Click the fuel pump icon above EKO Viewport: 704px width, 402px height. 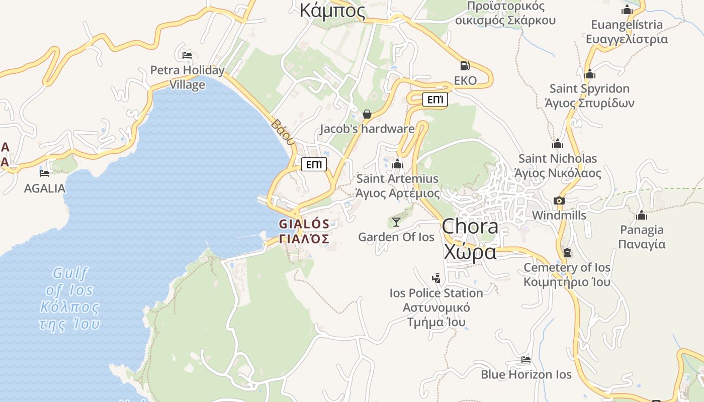coord(465,65)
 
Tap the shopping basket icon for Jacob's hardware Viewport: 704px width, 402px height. coord(367,115)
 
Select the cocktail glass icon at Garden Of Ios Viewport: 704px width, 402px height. coord(396,222)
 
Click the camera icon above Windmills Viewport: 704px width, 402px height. coord(559,201)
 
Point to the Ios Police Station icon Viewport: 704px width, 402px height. coord(436,278)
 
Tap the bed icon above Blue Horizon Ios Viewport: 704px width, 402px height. coord(526,360)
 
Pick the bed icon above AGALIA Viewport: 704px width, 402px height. coord(45,173)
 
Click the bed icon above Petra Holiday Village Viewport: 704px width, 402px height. coord(187,55)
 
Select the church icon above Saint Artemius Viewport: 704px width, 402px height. coord(397,164)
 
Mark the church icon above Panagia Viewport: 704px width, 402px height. coord(641,216)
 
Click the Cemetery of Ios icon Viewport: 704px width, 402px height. coord(567,253)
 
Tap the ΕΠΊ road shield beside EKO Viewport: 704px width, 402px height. coord(435,100)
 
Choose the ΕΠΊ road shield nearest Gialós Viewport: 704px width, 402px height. coord(314,164)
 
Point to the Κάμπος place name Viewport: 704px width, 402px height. coord(332,10)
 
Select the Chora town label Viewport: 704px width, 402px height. coord(470,227)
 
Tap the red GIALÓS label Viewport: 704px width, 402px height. coord(304,224)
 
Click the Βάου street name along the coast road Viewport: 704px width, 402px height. coord(282,132)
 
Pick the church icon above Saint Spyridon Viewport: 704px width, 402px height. coord(590,74)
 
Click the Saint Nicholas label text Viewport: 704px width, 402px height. coord(558,159)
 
